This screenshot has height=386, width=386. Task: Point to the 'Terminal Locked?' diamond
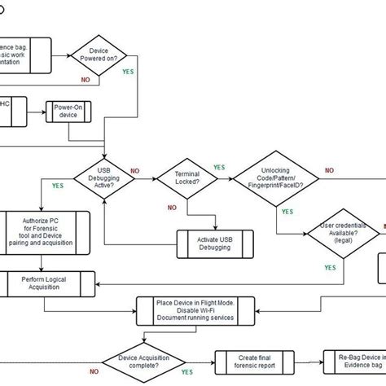186,178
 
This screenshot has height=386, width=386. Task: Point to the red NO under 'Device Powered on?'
86,81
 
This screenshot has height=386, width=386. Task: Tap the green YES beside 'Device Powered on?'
128,72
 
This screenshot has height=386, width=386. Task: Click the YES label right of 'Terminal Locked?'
220,168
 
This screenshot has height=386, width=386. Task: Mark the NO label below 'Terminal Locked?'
172,208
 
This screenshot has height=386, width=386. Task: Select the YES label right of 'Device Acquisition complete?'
188,371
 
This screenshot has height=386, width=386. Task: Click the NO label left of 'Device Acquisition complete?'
94,371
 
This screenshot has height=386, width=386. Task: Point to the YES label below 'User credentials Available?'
329,267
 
